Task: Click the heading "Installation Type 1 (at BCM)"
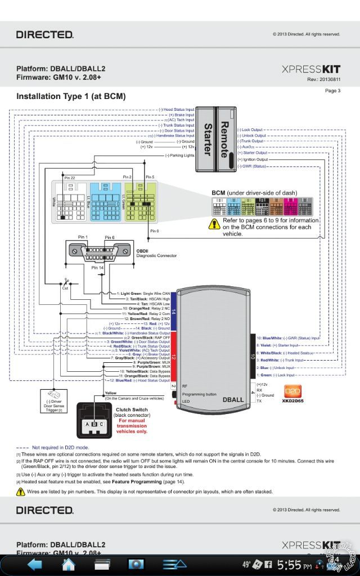click(71, 96)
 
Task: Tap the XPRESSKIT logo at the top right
click(310, 69)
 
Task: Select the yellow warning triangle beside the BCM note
click(214, 224)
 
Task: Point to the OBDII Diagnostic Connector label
click(156, 253)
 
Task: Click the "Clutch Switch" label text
click(132, 409)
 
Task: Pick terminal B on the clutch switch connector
click(95, 424)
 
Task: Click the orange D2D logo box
click(293, 389)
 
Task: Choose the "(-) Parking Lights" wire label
click(179, 155)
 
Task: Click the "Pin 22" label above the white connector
click(69, 177)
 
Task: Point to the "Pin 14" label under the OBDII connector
click(97, 268)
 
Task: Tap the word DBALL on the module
click(232, 399)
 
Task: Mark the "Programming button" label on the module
click(199, 394)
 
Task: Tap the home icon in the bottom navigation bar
click(69, 564)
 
